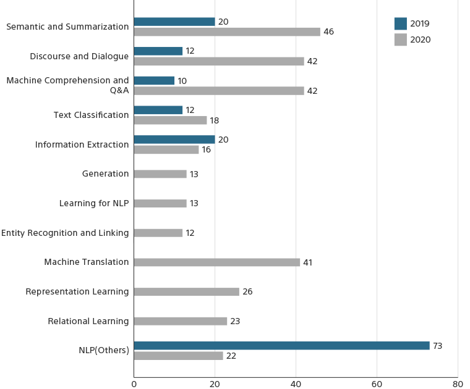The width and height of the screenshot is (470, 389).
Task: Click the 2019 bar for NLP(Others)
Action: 281,346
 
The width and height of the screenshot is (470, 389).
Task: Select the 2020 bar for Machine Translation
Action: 216,262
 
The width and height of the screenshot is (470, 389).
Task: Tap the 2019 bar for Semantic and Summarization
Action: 174,22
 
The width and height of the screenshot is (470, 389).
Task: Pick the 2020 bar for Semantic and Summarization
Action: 227,31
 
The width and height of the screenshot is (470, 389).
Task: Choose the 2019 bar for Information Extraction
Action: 174,140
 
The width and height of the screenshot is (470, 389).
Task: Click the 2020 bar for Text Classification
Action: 170,120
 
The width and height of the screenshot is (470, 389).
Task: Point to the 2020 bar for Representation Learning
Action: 186,291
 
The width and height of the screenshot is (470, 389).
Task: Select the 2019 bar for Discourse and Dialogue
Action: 158,51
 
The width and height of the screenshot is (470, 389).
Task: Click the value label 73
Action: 437,346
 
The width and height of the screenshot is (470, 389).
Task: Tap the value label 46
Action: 328,31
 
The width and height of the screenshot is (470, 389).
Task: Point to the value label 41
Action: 308,262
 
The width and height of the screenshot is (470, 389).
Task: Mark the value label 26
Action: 247,291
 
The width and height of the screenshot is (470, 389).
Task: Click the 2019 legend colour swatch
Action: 401,23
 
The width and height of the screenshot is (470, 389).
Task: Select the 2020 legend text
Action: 421,40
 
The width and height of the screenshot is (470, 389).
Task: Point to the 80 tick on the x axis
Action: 458,384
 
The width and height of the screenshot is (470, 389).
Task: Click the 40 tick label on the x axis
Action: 296,384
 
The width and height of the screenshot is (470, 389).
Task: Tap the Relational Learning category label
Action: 88,321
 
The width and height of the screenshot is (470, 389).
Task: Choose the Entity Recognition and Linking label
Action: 65,233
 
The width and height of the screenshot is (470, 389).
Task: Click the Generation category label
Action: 106,174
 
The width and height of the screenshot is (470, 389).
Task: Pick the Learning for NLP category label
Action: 94,203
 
